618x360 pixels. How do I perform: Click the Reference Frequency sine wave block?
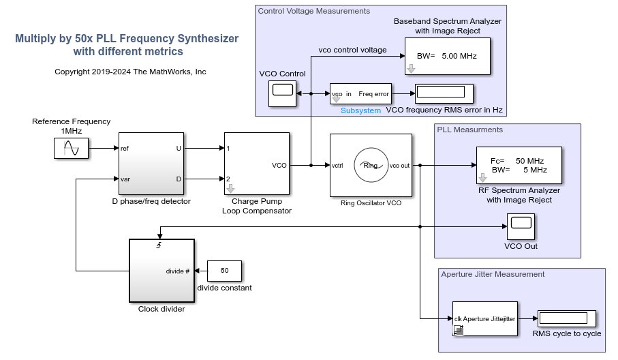pos(72,149)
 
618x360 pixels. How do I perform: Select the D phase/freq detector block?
pos(151,164)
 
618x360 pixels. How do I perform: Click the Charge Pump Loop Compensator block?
pos(256,164)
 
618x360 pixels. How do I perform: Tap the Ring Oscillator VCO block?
pos(371,165)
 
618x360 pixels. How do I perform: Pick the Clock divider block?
pos(161,270)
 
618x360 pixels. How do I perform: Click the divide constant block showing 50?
pos(224,271)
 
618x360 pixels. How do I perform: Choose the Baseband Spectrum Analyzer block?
pos(448,55)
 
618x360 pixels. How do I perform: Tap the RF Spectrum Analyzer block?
pos(519,165)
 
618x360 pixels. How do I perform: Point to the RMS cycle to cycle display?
pos(567,318)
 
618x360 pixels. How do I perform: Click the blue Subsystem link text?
pos(360,110)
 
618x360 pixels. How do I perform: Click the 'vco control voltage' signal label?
pos(352,50)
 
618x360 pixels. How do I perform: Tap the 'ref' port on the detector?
pos(125,148)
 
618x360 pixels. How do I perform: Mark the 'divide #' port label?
pos(178,271)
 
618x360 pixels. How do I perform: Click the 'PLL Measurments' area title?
pos(470,130)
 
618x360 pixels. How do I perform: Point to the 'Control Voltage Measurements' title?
pos(313,11)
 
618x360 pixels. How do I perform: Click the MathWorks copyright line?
pos(130,72)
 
